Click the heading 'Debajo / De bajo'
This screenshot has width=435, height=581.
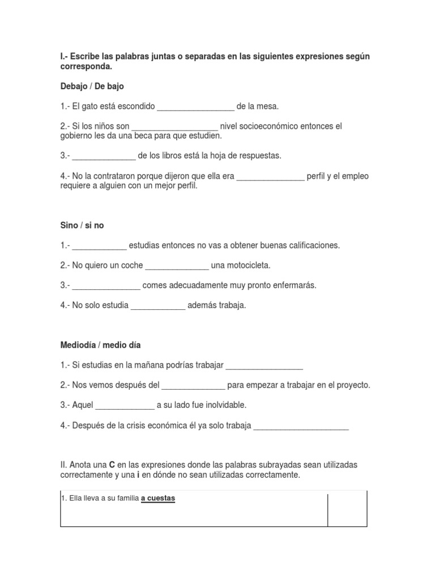coord(92,86)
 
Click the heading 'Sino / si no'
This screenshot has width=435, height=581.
coord(82,225)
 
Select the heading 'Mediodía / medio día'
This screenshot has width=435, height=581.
coord(101,345)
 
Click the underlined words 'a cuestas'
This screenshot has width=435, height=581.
coord(158,499)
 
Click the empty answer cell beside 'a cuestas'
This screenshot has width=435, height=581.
coord(347,510)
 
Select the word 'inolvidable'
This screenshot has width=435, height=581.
coord(227,405)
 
